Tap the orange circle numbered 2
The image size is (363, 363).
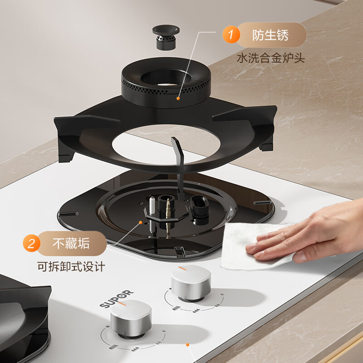pyautogui.click(x=31, y=244)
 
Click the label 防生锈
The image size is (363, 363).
pyautogui.click(x=270, y=35)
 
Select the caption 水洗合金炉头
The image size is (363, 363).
pyautogui.click(x=270, y=58)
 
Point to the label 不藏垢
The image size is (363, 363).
pyautogui.click(x=71, y=244)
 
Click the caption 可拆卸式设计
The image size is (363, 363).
pyautogui.click(x=71, y=266)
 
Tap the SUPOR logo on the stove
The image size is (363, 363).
pyautogui.click(x=117, y=298)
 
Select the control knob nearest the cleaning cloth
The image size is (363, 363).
pyautogui.click(x=191, y=284)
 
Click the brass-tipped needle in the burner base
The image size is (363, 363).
pyautogui.click(x=168, y=213)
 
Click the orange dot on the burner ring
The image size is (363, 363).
pyautogui.click(x=179, y=97)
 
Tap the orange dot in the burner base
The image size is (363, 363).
pyautogui.click(x=141, y=222)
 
